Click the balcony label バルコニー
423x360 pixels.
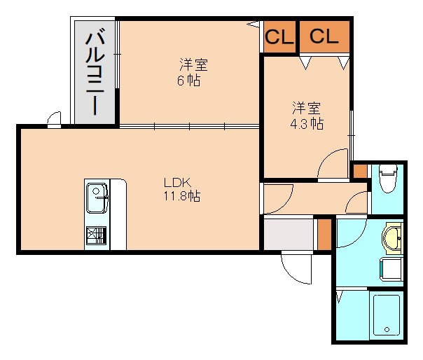pyautogui.click(x=95, y=71)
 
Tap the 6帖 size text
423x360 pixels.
pyautogui.click(x=188, y=81)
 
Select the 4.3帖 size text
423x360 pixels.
pyautogui.click(x=307, y=124)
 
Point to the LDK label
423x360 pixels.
pyautogui.click(x=177, y=183)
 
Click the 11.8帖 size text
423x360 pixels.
pyautogui.click(x=182, y=196)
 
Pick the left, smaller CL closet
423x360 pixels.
pyautogui.click(x=279, y=36)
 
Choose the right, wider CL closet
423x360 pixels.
pyautogui.click(x=324, y=36)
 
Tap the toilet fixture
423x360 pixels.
pyautogui.click(x=388, y=179)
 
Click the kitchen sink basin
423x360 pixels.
pyautogui.click(x=97, y=198)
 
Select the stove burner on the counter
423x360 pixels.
pyautogui.click(x=97, y=235)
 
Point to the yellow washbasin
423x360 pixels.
pyautogui.click(x=393, y=239)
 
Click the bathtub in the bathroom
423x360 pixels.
pyautogui.click(x=387, y=315)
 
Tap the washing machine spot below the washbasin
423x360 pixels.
pyautogui.click(x=391, y=269)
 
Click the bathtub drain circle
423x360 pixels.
pyautogui.click(x=387, y=329)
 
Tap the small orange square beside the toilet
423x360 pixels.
pyautogui.click(x=360, y=171)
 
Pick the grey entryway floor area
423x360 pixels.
pyautogui.click(x=288, y=234)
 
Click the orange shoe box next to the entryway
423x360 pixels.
pyautogui.click(x=324, y=234)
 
